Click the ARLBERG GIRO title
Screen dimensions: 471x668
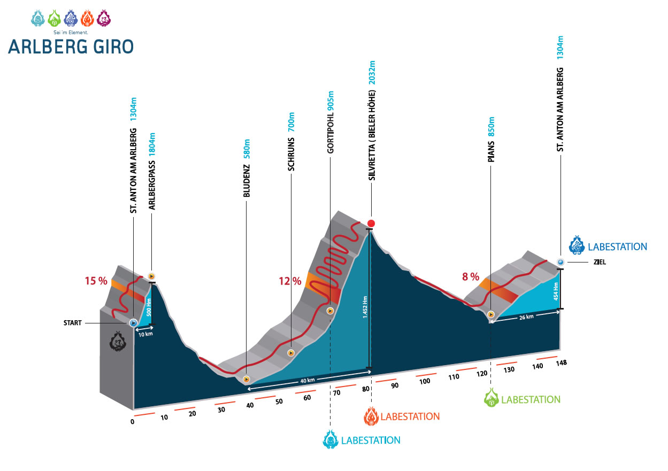tap(71, 46)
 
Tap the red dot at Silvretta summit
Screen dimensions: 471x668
tap(371, 223)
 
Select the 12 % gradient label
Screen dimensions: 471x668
tap(289, 281)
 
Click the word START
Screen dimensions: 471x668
tap(73, 323)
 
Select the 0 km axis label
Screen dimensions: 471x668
tap(133, 422)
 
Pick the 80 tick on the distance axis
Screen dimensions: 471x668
tap(365, 389)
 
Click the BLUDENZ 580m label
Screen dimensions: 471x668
tap(247, 168)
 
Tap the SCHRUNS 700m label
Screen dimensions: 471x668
tap(291, 142)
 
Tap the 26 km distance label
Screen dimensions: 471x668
tap(526, 316)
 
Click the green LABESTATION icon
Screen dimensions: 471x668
tap(490, 398)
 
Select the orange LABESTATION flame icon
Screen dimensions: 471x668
tap(371, 416)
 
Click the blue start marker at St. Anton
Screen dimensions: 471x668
tap(133, 322)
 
